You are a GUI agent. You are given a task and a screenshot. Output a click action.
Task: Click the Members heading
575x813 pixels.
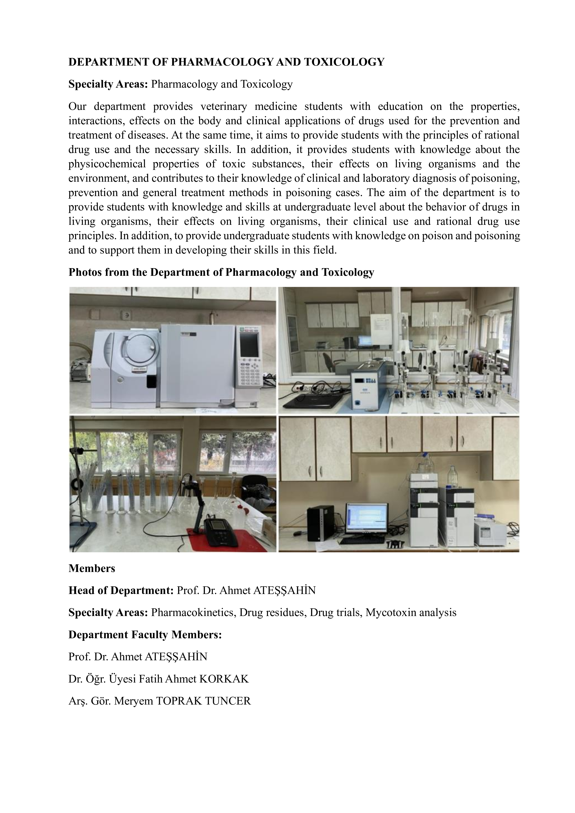tap(92, 568)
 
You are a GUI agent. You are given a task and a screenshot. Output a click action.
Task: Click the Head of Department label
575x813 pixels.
tap(121, 590)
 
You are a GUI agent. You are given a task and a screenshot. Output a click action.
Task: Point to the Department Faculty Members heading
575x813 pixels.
tap(145, 635)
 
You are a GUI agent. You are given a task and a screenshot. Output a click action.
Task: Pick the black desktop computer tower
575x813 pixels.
tap(321, 523)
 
